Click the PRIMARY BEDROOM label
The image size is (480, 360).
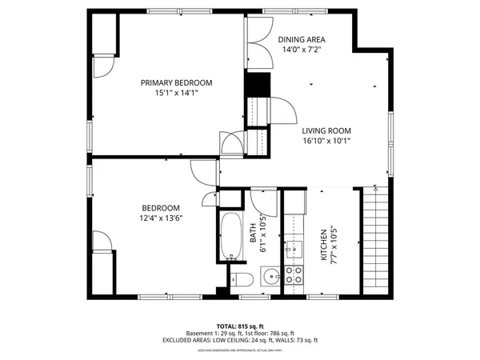click(x=176, y=82)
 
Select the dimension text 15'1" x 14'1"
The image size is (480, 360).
click(x=176, y=93)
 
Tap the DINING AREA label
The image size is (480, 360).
click(x=302, y=39)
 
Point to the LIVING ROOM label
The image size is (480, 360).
click(x=326, y=130)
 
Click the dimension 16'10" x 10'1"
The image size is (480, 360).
click(x=326, y=141)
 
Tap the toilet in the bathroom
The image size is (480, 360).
click(x=242, y=278)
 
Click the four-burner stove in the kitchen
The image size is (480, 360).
click(x=294, y=275)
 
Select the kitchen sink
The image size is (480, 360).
click(x=294, y=247)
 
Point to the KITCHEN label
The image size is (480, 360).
click(x=324, y=245)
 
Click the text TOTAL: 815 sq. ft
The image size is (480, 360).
click(x=240, y=326)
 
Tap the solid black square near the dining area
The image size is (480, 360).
click(x=258, y=83)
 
